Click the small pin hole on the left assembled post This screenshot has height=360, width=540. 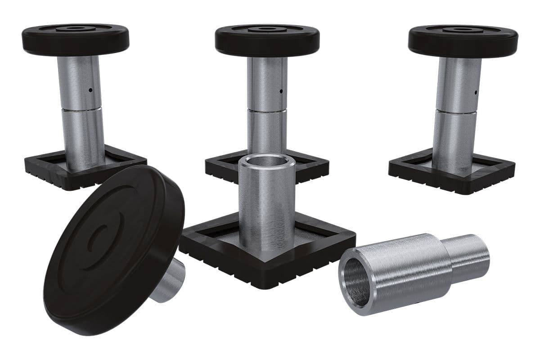click(90, 90)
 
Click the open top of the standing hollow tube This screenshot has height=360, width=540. click(267, 162)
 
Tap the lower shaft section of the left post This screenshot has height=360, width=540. click(83, 135)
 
